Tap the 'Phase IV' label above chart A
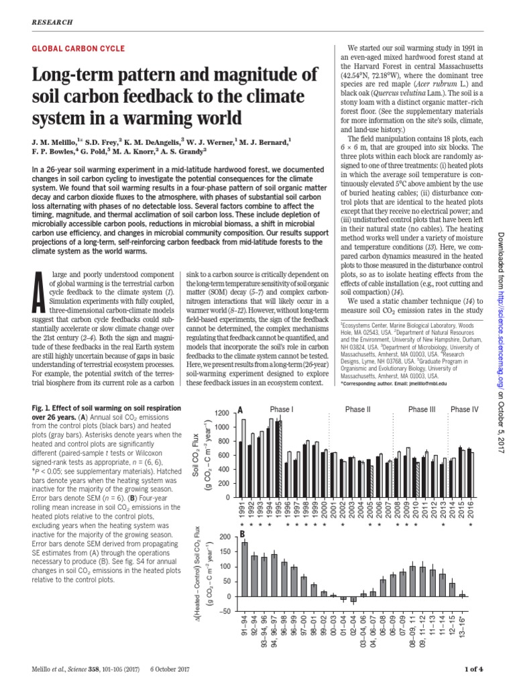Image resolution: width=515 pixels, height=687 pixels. [464, 409]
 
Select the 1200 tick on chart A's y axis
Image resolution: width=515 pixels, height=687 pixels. [221, 412]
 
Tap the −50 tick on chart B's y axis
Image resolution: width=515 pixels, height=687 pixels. [223, 611]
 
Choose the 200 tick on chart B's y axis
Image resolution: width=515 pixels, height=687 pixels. [223, 536]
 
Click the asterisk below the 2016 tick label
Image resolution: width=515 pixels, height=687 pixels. [470, 525]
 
